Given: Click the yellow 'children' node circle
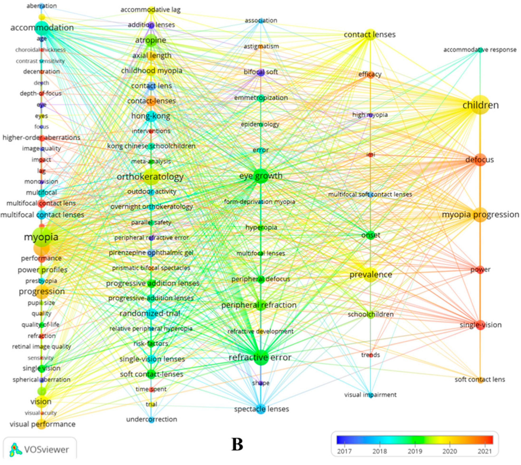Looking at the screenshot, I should (x=480, y=104).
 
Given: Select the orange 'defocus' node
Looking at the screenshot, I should (x=480, y=160).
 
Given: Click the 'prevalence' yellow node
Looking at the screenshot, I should (x=370, y=275).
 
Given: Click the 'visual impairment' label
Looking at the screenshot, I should (x=370, y=395).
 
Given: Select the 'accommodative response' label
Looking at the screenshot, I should (x=480, y=49).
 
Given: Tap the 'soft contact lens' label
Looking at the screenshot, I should (x=480, y=379).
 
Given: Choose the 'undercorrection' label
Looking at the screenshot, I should (x=152, y=419).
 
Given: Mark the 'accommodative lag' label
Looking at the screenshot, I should (x=151, y=10).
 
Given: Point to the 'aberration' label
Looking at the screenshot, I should (x=42, y=6).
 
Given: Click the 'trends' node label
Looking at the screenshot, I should (x=370, y=355).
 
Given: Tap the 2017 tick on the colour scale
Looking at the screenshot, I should (x=344, y=451).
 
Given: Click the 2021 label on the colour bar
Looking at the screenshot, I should (x=485, y=451).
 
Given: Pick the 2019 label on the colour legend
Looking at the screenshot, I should (x=415, y=451).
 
